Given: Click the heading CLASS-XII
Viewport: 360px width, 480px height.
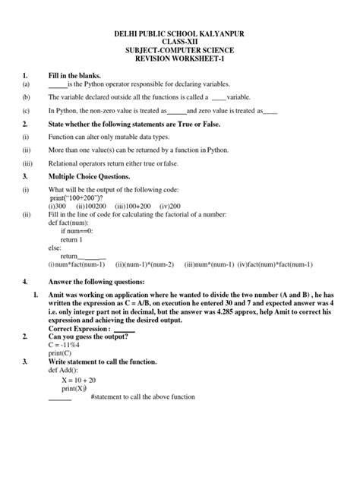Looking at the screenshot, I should tap(181, 43).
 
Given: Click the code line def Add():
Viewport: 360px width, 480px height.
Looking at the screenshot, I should tap(66, 372).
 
